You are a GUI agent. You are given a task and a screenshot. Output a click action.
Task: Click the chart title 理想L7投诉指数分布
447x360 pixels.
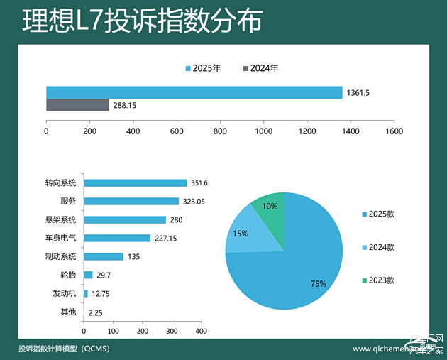(142, 21)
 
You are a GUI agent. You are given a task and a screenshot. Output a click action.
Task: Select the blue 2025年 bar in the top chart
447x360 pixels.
(194, 92)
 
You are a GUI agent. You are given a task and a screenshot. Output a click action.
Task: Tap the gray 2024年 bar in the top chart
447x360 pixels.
(77, 105)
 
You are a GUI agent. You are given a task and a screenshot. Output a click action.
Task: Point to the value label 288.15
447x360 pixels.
(124, 106)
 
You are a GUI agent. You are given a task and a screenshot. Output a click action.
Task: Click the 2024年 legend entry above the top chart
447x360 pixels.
(260, 69)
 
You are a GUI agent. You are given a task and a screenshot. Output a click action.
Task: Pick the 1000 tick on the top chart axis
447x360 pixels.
(263, 131)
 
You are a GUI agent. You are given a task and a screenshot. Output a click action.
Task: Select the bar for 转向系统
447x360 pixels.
(135, 183)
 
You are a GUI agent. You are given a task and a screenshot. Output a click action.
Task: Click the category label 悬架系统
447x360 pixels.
(60, 219)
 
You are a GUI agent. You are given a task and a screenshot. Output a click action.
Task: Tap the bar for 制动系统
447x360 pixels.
(104, 256)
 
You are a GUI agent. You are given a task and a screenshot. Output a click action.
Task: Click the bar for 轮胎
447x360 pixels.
(88, 275)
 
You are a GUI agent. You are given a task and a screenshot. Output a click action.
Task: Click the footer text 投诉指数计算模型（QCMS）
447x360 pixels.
(64, 349)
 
